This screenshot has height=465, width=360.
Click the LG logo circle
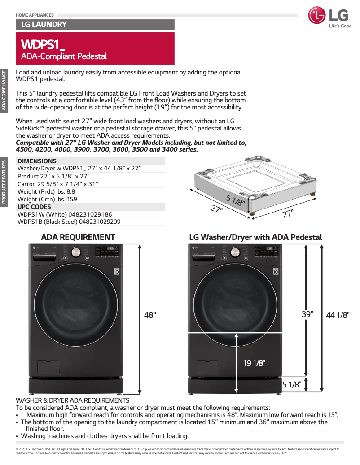point(317,16)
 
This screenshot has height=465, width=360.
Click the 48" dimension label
point(150,315)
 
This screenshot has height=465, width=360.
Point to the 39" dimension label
point(307,314)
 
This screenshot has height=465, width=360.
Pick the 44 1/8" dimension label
point(338,316)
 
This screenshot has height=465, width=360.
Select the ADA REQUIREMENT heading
point(78,237)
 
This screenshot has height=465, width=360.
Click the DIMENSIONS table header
point(37,161)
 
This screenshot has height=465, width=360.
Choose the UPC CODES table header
point(34,207)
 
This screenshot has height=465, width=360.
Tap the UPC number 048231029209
point(100,222)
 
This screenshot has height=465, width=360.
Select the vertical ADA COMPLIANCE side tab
point(4,90)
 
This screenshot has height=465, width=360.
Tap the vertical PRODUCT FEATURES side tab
point(4,182)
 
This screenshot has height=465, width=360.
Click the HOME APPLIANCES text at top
point(35,15)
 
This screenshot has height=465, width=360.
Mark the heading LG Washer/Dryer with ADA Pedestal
point(255,237)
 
